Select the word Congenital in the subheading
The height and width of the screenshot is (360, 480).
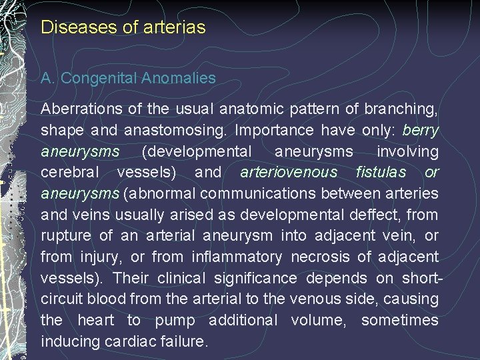click(x=99, y=79)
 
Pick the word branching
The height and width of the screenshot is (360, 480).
click(x=405, y=109)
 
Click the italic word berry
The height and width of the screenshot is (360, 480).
click(x=421, y=130)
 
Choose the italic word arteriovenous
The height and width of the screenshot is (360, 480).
click(x=289, y=172)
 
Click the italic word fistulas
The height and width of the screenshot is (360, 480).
click(x=381, y=172)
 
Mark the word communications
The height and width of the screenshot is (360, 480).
click(x=268, y=193)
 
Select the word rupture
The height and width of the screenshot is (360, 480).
click(x=67, y=236)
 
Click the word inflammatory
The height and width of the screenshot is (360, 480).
click(x=236, y=257)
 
